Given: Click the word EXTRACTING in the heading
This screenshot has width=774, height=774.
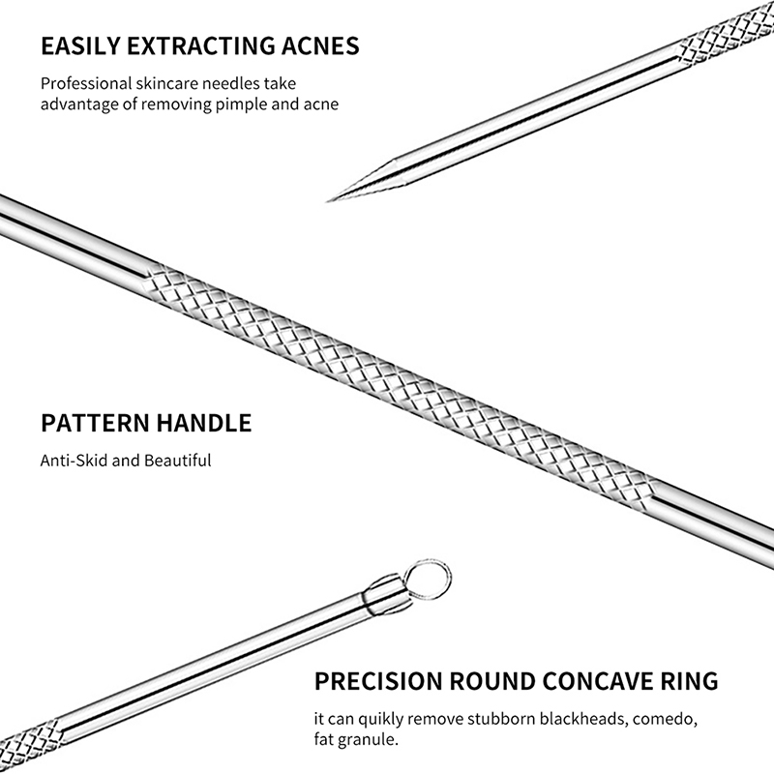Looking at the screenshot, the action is (201, 45).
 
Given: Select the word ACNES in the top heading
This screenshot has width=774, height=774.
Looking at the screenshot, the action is (320, 45).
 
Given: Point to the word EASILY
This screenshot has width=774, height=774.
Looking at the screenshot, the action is (80, 45).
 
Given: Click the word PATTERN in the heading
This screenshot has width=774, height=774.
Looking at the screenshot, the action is (95, 423).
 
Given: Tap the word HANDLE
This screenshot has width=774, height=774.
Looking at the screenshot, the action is (204, 423).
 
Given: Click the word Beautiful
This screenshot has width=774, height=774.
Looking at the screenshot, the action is (178, 461).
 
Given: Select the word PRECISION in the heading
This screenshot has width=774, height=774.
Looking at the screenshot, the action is (378, 681).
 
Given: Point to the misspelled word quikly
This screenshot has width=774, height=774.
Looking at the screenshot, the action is (381, 719).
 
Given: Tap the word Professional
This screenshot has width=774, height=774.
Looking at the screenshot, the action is (86, 83).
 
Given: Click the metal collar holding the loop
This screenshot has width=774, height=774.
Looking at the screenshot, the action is (386, 594).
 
